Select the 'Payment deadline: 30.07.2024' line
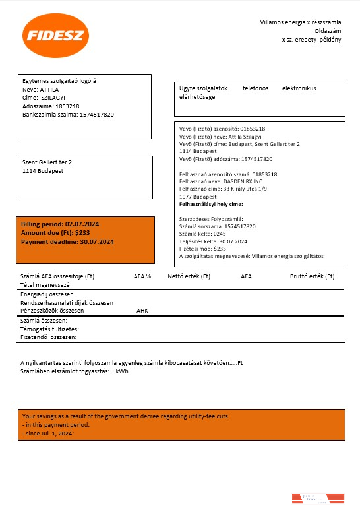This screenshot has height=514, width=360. [x=67, y=242]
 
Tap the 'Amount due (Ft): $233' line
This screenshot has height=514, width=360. [x=55, y=234]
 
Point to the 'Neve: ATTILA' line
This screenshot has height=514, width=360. [x=41, y=88]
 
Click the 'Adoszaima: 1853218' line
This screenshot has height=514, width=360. [x=51, y=106]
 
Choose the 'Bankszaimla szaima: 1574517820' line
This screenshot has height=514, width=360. [x=68, y=115]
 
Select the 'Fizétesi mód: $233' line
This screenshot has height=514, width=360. [x=202, y=249]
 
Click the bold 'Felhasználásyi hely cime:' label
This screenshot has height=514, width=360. [x=215, y=205]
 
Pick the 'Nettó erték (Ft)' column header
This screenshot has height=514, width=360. [x=189, y=276]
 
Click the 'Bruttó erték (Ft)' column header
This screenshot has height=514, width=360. [x=312, y=276]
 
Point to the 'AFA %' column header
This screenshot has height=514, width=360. [x=142, y=276]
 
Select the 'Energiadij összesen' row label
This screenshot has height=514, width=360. [x=47, y=294]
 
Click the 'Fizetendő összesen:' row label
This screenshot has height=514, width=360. [x=49, y=337]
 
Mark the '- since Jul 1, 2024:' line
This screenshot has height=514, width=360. [x=48, y=434]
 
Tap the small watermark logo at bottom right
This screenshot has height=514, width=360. [x=318, y=498]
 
